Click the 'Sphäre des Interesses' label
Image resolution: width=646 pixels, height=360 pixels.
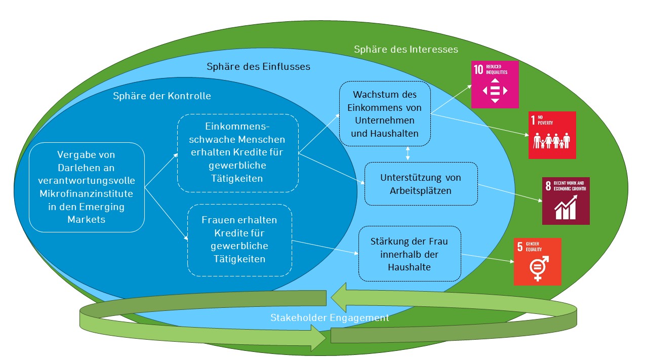point(406,49)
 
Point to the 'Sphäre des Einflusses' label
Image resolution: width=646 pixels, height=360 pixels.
point(258,66)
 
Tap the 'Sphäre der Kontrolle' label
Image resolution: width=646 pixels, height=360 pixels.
point(162,96)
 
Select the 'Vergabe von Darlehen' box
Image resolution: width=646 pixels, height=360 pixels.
point(87,187)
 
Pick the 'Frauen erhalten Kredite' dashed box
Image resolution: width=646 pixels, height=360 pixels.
point(239,240)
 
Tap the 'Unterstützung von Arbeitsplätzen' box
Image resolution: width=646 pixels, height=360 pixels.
point(421,184)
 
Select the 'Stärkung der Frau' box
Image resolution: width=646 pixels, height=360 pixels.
point(410,253)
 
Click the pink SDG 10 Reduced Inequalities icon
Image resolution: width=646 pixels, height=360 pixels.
point(495,85)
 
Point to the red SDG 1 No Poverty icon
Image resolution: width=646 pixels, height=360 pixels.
point(552,135)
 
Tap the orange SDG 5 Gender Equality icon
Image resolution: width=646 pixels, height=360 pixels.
point(537,261)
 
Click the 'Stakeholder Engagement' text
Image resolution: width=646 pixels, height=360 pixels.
point(330,318)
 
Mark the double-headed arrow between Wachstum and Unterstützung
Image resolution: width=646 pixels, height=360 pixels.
point(408,152)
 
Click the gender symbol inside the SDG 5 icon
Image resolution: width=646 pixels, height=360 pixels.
point(537,268)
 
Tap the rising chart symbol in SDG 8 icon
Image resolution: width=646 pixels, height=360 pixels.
point(566,209)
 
